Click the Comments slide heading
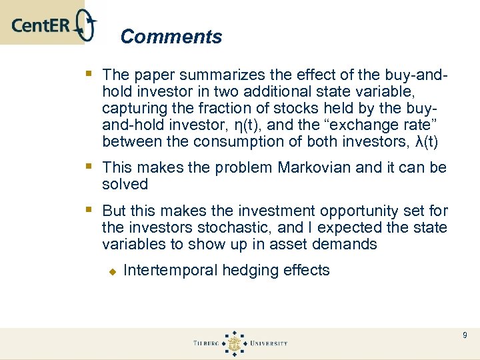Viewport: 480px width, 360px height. [171, 37]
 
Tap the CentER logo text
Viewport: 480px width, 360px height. [41, 26]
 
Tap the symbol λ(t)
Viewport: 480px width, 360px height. [427, 141]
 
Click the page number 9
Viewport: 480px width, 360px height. [465, 335]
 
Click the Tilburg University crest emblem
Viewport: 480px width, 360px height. [234, 343]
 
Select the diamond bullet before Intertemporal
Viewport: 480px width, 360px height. [113, 271]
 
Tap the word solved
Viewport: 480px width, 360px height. [125, 184]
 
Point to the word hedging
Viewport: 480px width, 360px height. [249, 270]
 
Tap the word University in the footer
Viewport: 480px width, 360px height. [269, 343]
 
